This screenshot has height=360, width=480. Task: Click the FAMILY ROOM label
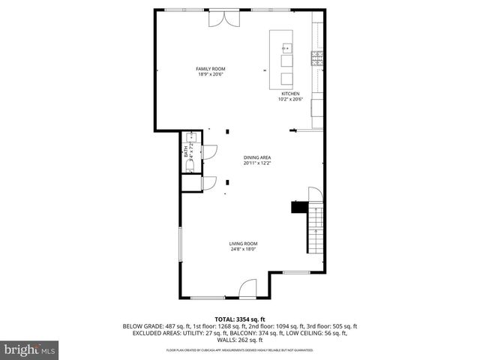click(x=211, y=69)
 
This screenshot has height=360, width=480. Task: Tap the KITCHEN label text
click(x=289, y=94)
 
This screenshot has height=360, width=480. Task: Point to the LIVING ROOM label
click(x=244, y=244)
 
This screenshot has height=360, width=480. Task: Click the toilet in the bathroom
click(x=190, y=163)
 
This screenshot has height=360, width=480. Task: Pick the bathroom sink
click(x=190, y=137)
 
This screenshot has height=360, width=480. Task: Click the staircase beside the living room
click(x=316, y=232)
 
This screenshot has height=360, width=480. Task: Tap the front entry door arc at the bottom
click(x=247, y=288)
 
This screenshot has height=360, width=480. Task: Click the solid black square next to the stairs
click(x=298, y=208)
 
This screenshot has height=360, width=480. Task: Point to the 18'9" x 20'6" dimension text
click(x=211, y=74)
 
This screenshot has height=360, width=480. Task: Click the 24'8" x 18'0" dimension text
click(x=244, y=249)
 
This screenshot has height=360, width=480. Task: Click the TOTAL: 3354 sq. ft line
click(x=240, y=319)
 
